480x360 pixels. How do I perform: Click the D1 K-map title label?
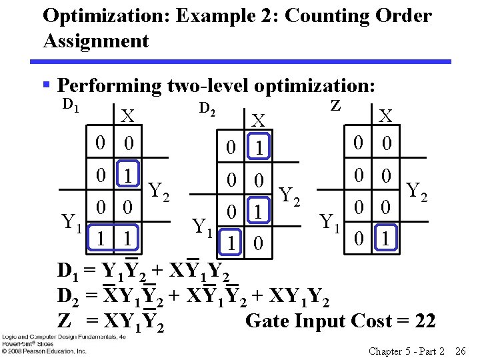(x=71, y=105)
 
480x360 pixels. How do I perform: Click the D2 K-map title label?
(x=209, y=108)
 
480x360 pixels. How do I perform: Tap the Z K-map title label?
(x=336, y=105)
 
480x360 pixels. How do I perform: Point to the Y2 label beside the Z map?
(x=417, y=191)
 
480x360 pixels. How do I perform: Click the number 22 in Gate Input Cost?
(x=424, y=321)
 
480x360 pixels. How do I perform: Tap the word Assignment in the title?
(x=95, y=41)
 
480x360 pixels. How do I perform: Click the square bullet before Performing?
(x=46, y=86)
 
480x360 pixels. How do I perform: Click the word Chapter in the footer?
(x=385, y=350)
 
